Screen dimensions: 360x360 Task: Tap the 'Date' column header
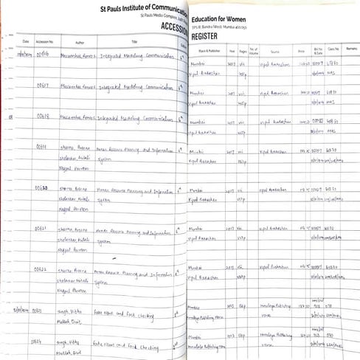point(26,42)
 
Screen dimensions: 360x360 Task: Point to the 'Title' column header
point(134,42)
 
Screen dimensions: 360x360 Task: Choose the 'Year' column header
point(232,52)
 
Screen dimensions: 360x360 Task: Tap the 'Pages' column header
point(243,52)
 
